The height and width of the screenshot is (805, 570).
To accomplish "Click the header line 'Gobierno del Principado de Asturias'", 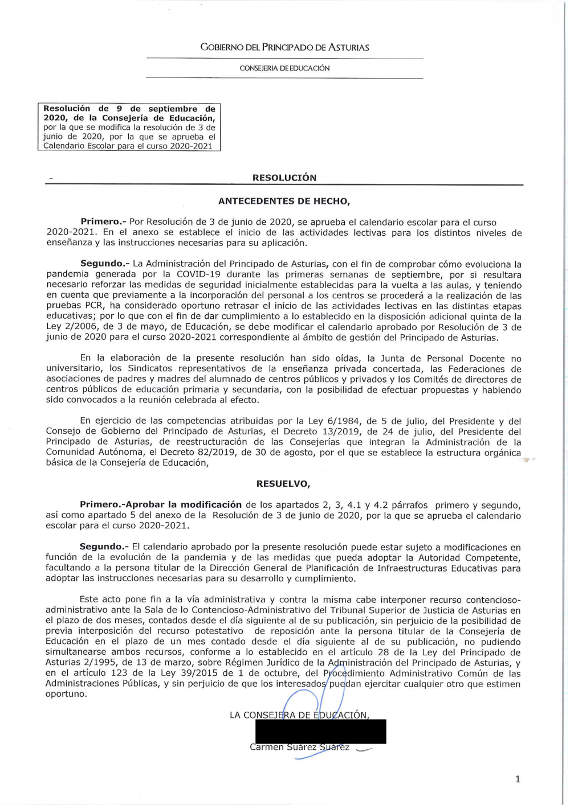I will [284, 47].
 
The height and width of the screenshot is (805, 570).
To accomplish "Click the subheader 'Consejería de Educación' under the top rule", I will [284, 68].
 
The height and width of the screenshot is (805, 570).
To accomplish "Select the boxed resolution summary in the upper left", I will [129, 127].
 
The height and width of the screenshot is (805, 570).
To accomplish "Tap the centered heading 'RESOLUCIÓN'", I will [284, 178].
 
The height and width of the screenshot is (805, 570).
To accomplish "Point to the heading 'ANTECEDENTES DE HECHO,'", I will [284, 201].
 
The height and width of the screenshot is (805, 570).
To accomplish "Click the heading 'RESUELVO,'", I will [283, 484].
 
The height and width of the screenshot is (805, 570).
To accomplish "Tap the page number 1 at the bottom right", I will [517, 779].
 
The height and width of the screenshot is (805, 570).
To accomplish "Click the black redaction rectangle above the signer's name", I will [320, 731].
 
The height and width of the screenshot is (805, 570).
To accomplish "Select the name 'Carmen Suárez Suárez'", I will [299, 747].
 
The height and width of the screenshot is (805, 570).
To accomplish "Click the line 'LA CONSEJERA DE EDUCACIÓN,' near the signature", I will [299, 715].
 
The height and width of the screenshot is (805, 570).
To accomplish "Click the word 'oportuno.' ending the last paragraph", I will [66, 694].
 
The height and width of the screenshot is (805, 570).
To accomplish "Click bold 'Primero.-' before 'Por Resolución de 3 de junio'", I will [103, 222].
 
